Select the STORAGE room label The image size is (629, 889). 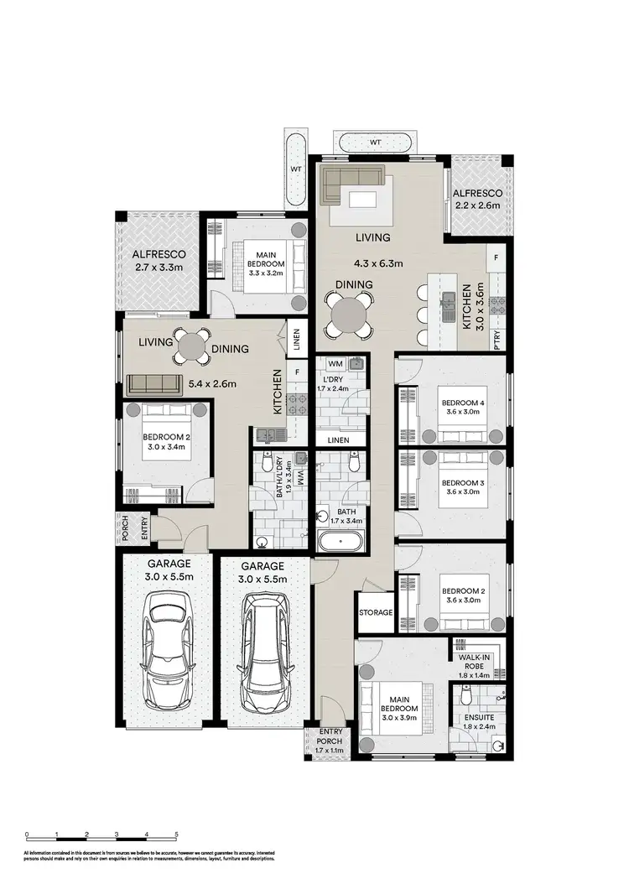coord(375,613)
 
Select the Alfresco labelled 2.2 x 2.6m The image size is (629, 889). coord(478,200)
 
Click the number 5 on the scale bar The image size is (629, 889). coord(176,835)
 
